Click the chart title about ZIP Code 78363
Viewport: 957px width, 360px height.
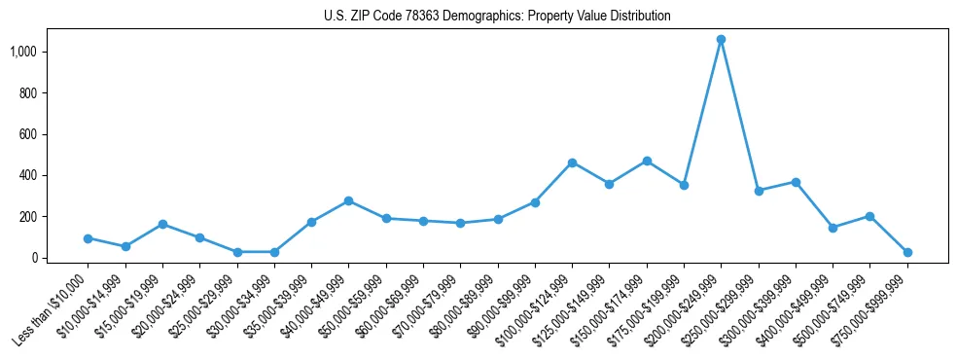(497, 17)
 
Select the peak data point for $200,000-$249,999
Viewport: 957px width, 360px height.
(721, 39)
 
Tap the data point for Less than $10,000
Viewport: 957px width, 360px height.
(89, 238)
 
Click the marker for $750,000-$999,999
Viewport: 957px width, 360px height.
(907, 252)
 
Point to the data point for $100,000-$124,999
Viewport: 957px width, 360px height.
(572, 162)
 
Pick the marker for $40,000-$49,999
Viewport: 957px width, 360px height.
(348, 200)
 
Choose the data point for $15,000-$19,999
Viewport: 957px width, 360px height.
(162, 224)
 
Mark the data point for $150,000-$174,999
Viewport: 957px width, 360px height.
(647, 161)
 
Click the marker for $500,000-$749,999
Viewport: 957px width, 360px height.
(869, 216)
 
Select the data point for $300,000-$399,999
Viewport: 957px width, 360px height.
(796, 182)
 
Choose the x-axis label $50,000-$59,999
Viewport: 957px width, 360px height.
(347, 311)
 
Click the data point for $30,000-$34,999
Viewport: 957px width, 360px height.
(274, 252)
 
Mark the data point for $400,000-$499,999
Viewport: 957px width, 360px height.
(833, 228)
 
